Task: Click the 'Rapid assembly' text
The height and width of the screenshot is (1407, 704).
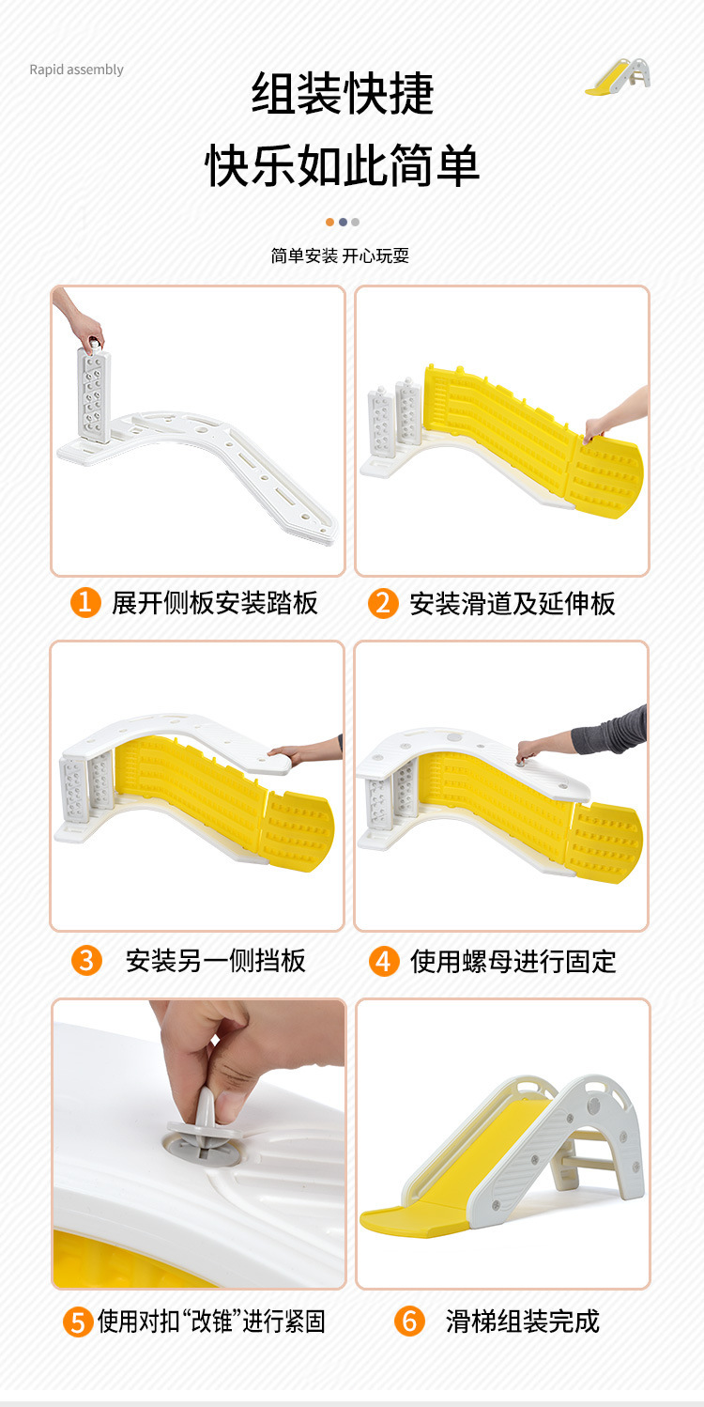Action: pos(77,70)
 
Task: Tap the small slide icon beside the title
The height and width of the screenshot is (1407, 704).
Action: pos(618,77)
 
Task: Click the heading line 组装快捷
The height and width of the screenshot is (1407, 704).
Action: pos(343,93)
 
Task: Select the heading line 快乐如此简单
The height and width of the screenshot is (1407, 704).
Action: pos(343,164)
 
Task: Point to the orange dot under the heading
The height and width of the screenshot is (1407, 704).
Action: pos(329,222)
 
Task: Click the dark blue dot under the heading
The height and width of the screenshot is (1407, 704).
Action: pos(343,222)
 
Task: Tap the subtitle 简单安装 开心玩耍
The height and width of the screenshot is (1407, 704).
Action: pos(340,255)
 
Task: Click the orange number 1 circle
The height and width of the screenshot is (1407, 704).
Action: pos(85,602)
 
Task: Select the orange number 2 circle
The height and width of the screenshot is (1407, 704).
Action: pos(383,603)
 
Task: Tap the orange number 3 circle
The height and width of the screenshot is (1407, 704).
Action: pos(86,961)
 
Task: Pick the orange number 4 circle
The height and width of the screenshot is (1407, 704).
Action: pos(384,961)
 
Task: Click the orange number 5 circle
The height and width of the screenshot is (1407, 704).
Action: pos(78,1322)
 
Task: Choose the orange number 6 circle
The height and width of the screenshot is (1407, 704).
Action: pos(409,1321)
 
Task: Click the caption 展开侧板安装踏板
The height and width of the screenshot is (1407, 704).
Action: pos(215,603)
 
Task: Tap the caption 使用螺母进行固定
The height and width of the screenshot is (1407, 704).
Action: pos(513,962)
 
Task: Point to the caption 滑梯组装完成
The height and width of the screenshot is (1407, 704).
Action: pos(523,1321)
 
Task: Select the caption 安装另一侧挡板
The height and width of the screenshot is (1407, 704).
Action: pos(215,961)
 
